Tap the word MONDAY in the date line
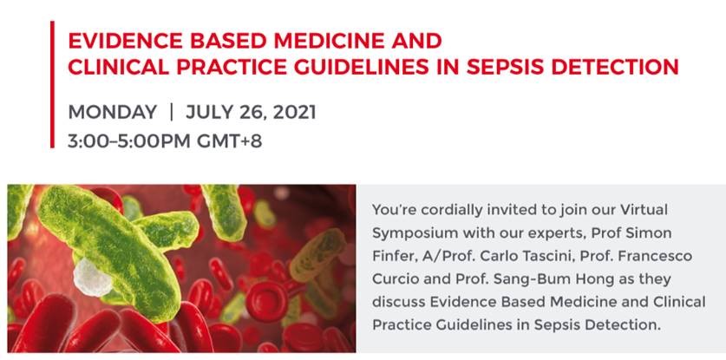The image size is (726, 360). (113, 113)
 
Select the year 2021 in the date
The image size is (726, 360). (294, 113)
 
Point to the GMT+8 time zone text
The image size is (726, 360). (230, 141)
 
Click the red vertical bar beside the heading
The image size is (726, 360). (52, 84)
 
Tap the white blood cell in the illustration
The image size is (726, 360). (93, 277)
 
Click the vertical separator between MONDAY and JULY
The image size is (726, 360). (172, 113)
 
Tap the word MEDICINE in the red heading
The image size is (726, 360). (330, 41)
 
